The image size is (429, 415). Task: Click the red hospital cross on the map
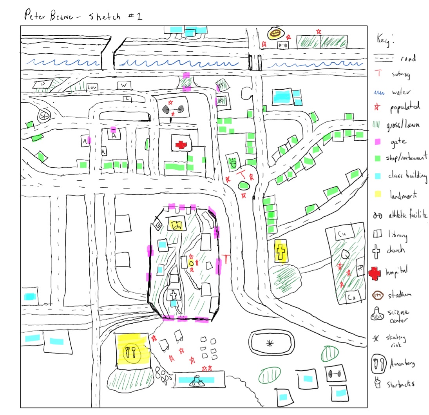pyautogui.click(x=181, y=145)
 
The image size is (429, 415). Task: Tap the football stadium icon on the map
pyautogui.click(x=275, y=33)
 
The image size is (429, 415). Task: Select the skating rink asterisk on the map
pyautogui.click(x=269, y=344)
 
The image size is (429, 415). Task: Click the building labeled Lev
pyautogui.click(x=92, y=87)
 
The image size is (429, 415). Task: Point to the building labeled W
pyautogui.click(x=124, y=85)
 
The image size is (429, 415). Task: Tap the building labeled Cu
pyautogui.click(x=342, y=234)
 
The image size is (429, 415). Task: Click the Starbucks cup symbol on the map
pyautogui.click(x=234, y=161)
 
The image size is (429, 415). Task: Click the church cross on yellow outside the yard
pyautogui.click(x=281, y=251)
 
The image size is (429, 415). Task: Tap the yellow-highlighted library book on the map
pyautogui.click(x=176, y=225)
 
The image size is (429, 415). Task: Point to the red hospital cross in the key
pyautogui.click(x=375, y=274)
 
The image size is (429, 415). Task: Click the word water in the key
pyautogui.click(x=400, y=92)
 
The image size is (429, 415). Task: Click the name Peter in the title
pyautogui.click(x=35, y=16)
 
